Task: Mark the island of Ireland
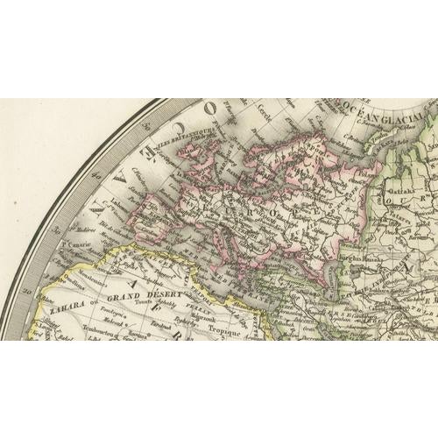click(x=186, y=163)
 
